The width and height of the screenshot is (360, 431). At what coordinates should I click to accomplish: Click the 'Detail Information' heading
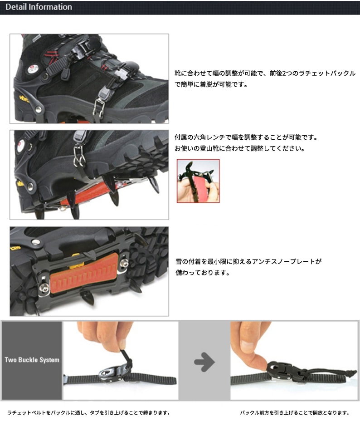pos(39,7)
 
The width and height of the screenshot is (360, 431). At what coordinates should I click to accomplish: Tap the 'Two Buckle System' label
pos(32,360)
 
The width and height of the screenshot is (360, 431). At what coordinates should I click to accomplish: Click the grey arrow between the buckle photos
pos(204,362)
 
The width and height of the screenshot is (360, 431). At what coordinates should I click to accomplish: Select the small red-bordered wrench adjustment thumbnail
pos(198,181)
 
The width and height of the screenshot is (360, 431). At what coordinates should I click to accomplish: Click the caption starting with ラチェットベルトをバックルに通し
pos(88,413)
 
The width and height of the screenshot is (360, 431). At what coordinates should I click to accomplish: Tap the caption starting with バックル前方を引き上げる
pos(295,413)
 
